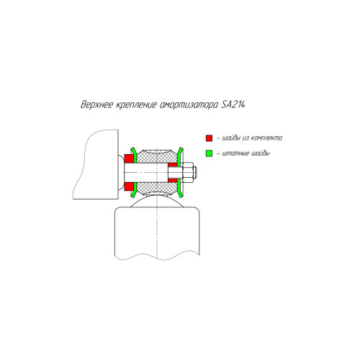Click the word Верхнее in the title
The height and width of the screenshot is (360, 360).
click(x=96, y=105)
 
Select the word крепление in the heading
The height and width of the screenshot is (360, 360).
click(x=136, y=105)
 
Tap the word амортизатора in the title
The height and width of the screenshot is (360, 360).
click(x=189, y=105)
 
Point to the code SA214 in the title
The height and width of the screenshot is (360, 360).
click(x=233, y=104)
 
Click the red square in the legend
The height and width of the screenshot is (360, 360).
click(x=209, y=138)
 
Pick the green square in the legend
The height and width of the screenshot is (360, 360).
click(x=209, y=153)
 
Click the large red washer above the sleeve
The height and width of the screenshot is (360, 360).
click(x=129, y=158)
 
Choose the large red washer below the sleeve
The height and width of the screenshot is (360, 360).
click(x=129, y=186)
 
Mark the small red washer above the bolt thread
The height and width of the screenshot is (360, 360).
click(x=173, y=165)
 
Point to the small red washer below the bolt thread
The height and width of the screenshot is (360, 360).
click(x=173, y=180)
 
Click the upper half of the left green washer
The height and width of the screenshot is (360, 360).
click(x=134, y=155)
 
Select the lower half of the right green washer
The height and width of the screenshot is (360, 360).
click(x=180, y=189)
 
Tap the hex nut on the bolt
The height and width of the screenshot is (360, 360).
click(x=188, y=172)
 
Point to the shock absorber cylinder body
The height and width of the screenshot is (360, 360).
click(x=157, y=233)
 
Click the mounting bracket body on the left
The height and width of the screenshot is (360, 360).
click(x=99, y=166)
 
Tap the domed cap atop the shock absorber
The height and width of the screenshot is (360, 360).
click(x=157, y=201)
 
